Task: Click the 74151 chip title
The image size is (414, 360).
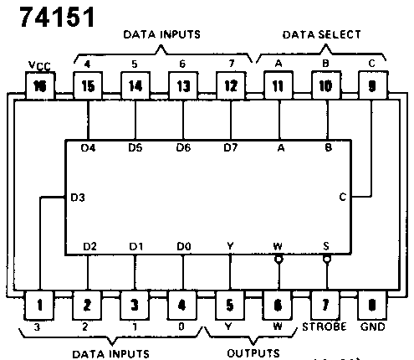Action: [58, 17]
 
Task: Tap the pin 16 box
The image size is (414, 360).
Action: [40, 85]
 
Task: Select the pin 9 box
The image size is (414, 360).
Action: [372, 85]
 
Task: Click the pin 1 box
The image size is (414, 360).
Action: [39, 305]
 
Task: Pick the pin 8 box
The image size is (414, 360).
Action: [372, 305]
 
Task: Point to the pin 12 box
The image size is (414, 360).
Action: [231, 85]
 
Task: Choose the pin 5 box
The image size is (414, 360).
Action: [230, 305]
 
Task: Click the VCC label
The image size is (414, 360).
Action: [39, 66]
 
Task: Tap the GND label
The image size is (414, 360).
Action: [373, 327]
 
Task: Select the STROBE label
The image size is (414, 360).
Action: [325, 327]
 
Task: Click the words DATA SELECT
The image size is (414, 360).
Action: [321, 34]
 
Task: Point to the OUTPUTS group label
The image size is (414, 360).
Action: [253, 353]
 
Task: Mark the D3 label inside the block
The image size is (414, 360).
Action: [78, 198]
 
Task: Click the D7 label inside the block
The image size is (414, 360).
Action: [231, 147]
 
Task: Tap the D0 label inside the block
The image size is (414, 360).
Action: [184, 246]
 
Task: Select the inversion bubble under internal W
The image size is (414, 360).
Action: [279, 260]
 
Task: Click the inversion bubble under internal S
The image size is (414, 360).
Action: [327, 260]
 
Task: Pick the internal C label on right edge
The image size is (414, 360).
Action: [343, 198]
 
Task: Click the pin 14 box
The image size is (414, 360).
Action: [135, 85]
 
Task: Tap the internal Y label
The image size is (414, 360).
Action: [230, 246]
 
